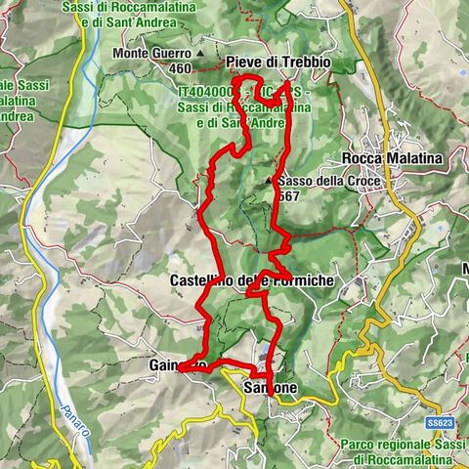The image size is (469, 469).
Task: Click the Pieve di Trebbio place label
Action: pyautogui.click(x=277, y=62)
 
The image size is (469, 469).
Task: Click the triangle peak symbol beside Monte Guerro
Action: pyautogui.click(x=199, y=53)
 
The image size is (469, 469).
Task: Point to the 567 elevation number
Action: pyautogui.click(x=289, y=196)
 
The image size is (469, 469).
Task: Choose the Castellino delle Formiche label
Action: pyautogui.click(x=252, y=280)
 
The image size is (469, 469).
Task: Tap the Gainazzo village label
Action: pyautogui.click(x=179, y=364)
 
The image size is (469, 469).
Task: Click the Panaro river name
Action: pyautogui.click(x=70, y=419)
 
